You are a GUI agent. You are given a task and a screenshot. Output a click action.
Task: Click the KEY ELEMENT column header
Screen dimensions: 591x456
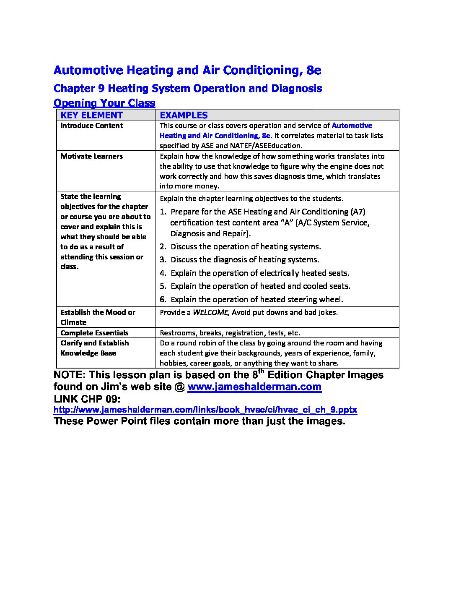click(x=91, y=115)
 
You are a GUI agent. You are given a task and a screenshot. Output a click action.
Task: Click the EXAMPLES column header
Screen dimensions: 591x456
click(x=184, y=115)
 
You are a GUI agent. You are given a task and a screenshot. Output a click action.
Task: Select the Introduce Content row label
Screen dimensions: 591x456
click(x=91, y=126)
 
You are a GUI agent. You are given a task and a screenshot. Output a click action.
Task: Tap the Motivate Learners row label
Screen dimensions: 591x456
click(x=91, y=156)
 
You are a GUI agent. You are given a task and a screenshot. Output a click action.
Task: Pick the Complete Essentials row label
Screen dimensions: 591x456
click(x=94, y=333)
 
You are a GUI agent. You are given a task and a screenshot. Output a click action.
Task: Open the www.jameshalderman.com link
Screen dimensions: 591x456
click(x=254, y=387)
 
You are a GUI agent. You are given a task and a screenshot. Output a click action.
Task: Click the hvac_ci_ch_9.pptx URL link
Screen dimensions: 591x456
click(x=205, y=410)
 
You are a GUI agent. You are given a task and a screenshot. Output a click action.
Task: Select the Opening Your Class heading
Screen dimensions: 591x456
click(x=104, y=103)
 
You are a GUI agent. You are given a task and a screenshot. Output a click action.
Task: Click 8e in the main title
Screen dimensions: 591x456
click(x=313, y=71)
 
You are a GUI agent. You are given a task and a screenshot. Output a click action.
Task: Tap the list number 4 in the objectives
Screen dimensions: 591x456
click(x=163, y=273)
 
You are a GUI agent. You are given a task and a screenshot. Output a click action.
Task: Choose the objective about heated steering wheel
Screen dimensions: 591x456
click(x=256, y=300)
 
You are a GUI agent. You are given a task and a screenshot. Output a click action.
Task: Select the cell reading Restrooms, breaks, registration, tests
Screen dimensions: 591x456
click(x=230, y=333)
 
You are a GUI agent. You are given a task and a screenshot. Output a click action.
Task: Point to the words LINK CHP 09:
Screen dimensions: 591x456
click(x=87, y=399)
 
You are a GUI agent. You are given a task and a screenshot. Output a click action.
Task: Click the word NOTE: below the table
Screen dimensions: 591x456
click(x=70, y=375)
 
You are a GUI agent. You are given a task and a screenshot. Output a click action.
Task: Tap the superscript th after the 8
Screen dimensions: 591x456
click(x=261, y=371)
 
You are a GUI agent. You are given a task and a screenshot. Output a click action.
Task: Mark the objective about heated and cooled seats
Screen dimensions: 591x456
click(x=260, y=286)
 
